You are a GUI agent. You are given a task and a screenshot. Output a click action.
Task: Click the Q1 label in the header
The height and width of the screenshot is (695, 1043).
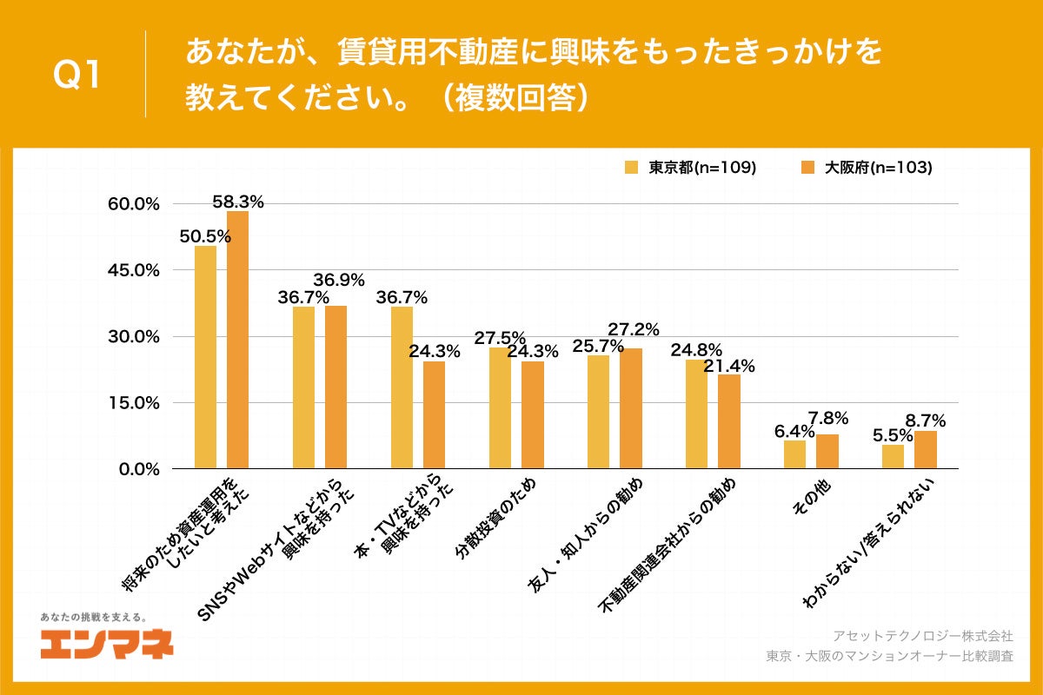coord(77,76)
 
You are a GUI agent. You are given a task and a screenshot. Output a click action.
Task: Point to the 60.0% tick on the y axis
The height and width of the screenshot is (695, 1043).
coord(134,204)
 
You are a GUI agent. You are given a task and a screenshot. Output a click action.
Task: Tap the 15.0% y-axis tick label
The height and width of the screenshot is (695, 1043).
coord(134,403)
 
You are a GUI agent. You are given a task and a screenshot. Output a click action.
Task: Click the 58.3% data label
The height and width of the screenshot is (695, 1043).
coord(238,202)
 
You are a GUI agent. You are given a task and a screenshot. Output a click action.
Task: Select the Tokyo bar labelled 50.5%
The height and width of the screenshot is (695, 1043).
coord(205,357)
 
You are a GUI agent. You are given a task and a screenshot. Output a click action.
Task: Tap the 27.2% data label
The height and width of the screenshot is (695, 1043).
coord(633,329)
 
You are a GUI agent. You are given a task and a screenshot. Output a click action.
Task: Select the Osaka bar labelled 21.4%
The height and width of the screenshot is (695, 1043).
coord(728,421)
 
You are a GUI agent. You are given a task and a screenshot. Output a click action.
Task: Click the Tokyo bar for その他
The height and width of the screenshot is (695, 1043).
coord(794,454)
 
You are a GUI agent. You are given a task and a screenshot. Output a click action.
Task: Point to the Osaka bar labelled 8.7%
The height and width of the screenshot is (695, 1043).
coord(926,450)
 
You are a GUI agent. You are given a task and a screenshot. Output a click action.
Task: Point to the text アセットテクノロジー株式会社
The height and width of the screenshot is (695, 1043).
coord(923,637)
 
